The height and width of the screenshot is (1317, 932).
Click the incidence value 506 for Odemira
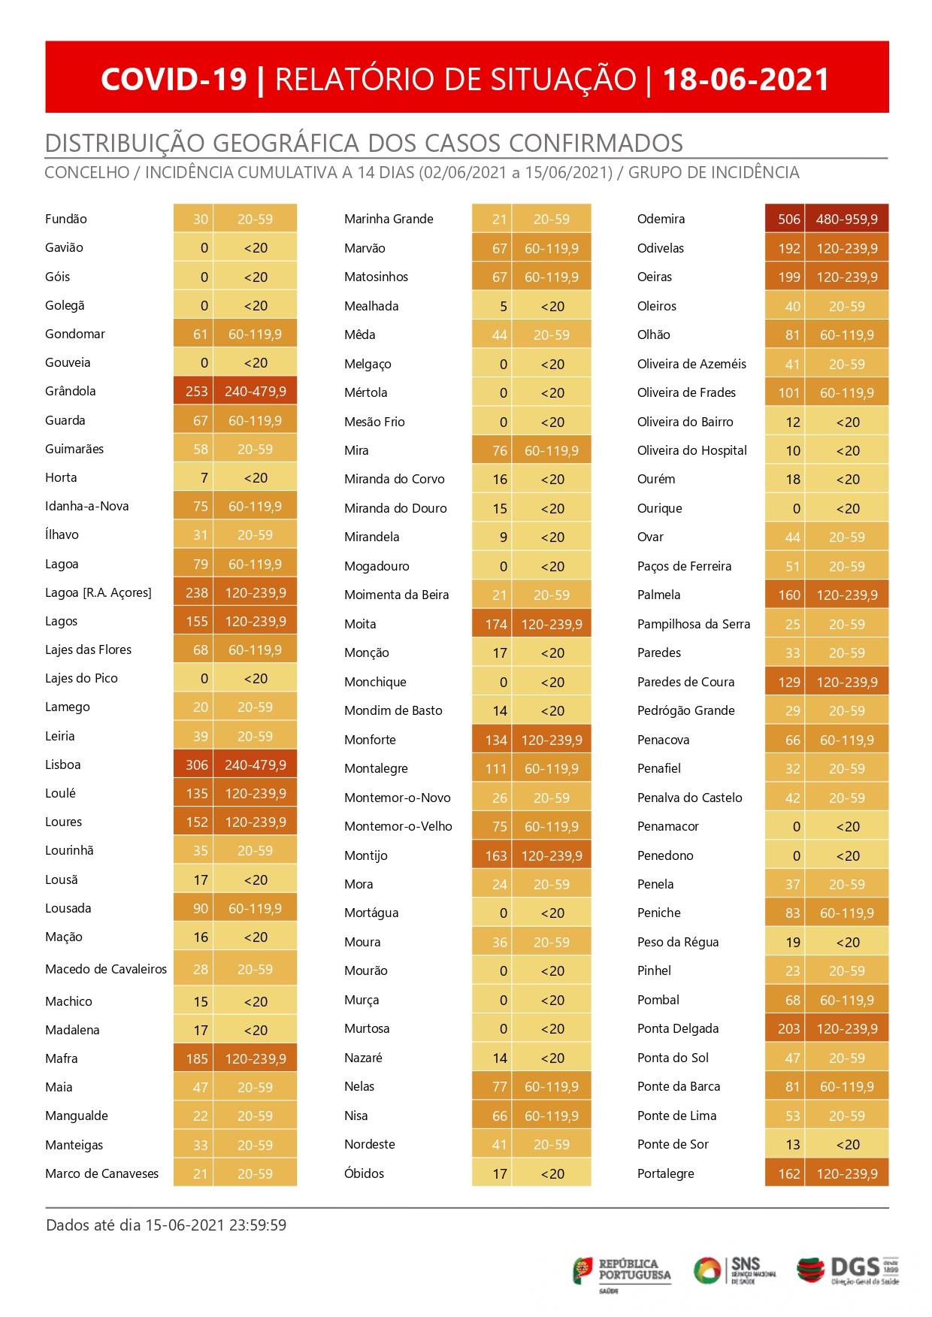point(788,219)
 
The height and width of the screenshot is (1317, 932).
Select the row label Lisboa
point(62,764)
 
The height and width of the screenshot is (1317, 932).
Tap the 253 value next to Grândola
point(196,391)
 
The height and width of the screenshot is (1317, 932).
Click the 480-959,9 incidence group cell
point(846,219)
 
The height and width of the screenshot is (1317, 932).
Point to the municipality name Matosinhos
point(376,277)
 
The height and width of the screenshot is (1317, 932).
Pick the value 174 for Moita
point(496,624)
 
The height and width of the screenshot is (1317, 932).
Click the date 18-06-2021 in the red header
point(746,79)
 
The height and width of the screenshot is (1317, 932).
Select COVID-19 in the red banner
point(174,79)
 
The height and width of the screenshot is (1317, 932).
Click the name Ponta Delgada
point(677,1028)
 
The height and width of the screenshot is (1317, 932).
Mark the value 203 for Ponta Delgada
point(788,1028)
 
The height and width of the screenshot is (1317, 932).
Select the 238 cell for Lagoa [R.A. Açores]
point(196,592)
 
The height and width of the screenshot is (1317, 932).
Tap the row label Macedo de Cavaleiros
point(105,969)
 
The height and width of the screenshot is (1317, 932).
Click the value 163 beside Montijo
point(496,855)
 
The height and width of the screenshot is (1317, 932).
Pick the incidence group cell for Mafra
point(256,1058)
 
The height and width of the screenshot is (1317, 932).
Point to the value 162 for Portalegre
point(788,1173)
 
